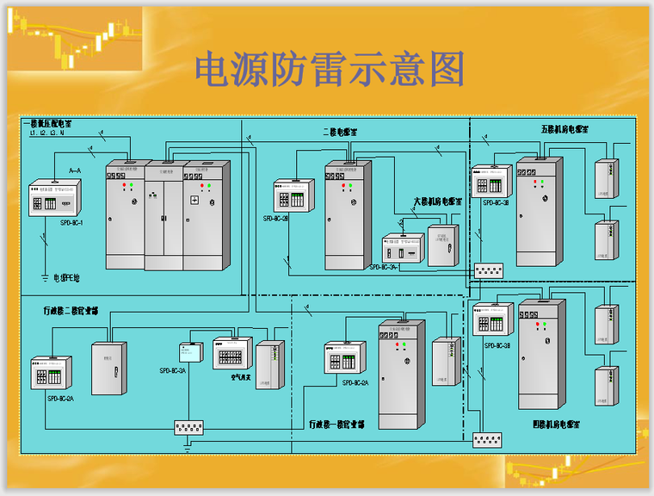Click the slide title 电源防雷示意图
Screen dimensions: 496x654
(329, 69)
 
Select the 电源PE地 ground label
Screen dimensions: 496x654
(66, 278)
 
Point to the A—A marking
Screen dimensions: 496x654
(75, 170)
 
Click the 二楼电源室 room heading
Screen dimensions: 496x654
(341, 132)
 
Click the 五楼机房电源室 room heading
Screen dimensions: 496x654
(565, 129)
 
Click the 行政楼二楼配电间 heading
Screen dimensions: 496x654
(71, 309)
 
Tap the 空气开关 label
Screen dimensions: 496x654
(241, 376)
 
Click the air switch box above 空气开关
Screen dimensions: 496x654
(232, 354)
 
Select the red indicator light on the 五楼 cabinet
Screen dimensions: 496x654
(534, 183)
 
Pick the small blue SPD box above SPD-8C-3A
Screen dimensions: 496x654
(190, 351)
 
